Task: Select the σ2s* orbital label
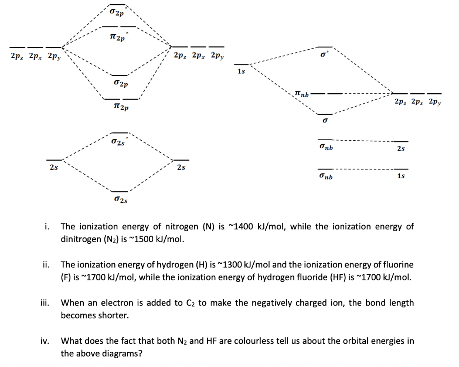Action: pos(119,142)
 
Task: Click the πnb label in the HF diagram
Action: pos(302,94)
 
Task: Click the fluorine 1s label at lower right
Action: pos(401,177)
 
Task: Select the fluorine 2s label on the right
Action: pos(401,148)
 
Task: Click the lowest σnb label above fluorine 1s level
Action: pos(326,177)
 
